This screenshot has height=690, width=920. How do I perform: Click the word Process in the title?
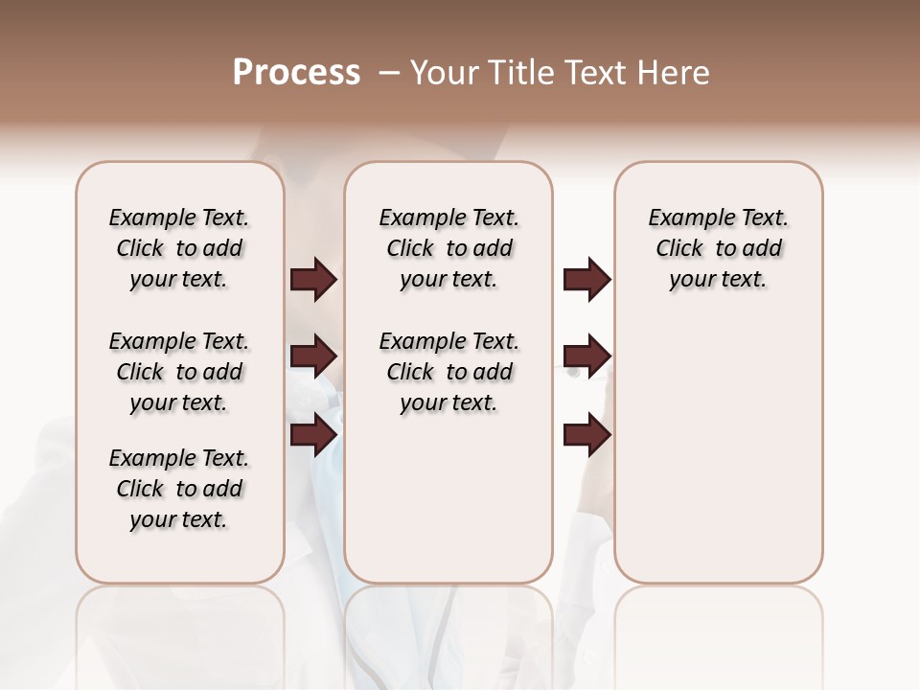(296, 73)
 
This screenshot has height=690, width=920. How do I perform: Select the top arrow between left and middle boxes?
(313, 279)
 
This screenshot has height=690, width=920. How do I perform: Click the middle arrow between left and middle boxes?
(313, 356)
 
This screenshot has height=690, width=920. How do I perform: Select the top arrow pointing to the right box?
(586, 279)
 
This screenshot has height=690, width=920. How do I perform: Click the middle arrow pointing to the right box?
(586, 356)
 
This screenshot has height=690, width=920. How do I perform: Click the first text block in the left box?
(179, 248)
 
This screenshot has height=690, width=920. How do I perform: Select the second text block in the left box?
(179, 372)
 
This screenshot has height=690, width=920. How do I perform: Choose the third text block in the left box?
(179, 489)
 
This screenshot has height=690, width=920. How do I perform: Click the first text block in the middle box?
(449, 248)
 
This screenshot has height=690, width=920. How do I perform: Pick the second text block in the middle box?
(449, 372)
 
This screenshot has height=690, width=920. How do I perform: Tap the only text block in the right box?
(719, 248)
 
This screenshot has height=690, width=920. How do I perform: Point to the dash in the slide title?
(389, 73)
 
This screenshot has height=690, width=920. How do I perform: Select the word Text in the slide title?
(594, 73)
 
